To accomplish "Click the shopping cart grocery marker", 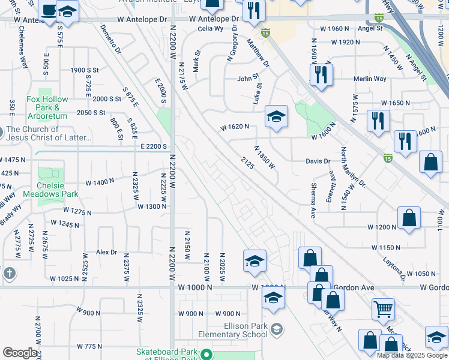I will [383, 310].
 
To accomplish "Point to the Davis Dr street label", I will [318, 161].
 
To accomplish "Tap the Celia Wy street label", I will [210, 28].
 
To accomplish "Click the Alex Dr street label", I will [106, 253].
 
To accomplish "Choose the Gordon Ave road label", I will [354, 288].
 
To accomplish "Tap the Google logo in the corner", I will [20, 353].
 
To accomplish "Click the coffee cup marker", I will [47, 10].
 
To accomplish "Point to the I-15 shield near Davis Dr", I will [387, 158].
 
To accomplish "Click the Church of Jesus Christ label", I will [49, 133].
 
